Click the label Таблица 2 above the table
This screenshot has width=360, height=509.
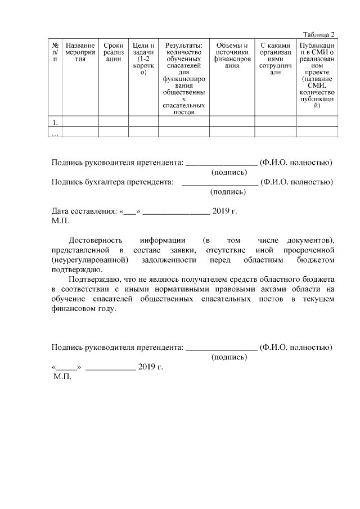(318, 34)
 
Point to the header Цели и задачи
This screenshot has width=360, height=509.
(143, 58)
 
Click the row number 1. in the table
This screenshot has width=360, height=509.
(55, 121)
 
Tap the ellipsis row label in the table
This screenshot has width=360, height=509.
(55, 132)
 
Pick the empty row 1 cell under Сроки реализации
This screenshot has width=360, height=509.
(114, 121)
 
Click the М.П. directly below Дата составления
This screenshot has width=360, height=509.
(60, 221)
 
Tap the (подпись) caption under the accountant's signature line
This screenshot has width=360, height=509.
(228, 192)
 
